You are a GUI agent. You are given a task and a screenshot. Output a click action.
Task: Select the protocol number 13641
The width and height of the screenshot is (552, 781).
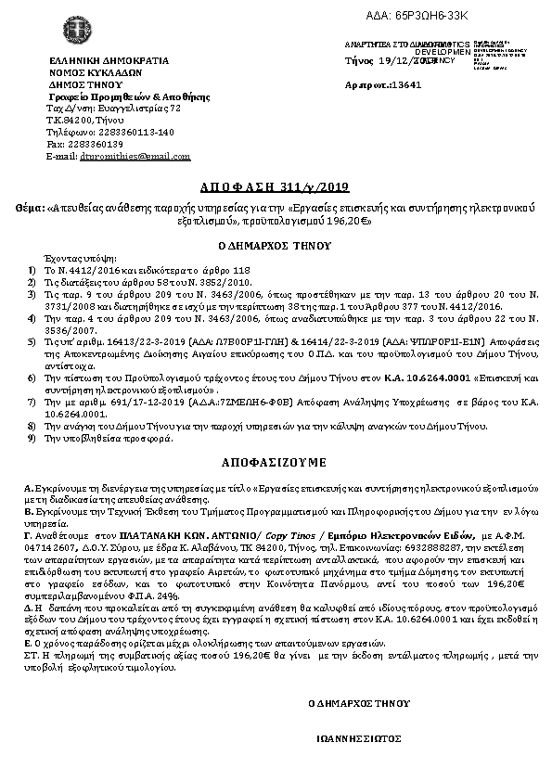click(x=406, y=83)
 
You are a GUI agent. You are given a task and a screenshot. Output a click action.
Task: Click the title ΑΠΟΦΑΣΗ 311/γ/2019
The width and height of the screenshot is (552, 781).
click(x=276, y=185)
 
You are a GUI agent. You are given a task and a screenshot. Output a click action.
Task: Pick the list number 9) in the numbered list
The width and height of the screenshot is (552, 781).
click(x=32, y=437)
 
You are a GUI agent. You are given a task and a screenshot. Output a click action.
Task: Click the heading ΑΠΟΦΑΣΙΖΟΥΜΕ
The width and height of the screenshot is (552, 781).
click(x=275, y=460)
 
